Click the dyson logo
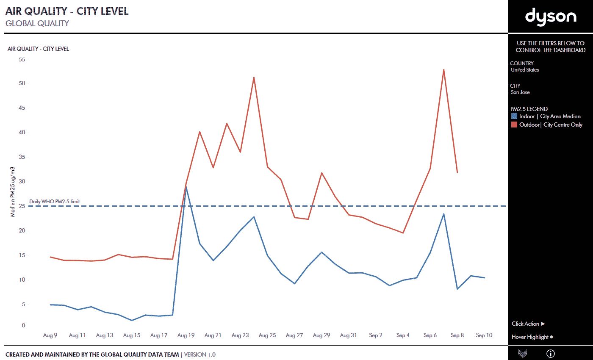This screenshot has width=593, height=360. pos(551,17)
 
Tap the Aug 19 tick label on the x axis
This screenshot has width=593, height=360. pos(186,335)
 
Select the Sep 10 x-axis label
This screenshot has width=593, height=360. pos(484,335)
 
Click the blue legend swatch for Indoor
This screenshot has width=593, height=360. pos(514,116)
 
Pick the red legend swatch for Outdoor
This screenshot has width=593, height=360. pos(514,125)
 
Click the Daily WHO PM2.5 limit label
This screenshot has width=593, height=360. pos(54,202)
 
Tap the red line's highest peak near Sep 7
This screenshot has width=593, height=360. pos(443,69)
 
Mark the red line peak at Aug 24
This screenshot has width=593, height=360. pos(254,78)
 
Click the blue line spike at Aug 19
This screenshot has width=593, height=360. pos(186,187)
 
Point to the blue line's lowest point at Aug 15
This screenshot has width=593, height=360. pos(132,321)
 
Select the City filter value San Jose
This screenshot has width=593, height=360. pos(520,92)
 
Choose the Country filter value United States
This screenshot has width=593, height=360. pos(525,70)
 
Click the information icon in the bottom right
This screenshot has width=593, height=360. pos(551,353)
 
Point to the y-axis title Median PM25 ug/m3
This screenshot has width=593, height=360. pos(13,191)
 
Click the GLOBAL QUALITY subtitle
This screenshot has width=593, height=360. pos(37,23)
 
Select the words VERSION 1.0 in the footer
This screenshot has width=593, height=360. pos(200,354)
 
